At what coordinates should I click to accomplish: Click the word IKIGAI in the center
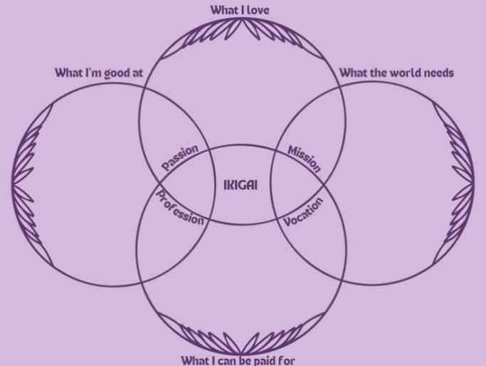click(x=241, y=185)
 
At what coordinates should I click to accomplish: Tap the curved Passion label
click(x=180, y=157)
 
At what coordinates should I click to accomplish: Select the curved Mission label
click(x=304, y=159)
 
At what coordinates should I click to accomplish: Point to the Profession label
click(x=180, y=208)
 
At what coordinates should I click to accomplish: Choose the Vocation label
click(x=303, y=211)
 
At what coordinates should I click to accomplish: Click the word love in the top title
click(x=258, y=10)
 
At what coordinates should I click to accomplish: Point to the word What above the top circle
click(x=223, y=10)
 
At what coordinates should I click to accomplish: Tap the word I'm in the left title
click(x=93, y=73)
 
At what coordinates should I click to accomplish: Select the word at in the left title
click(x=137, y=73)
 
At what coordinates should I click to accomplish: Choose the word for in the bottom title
click(x=287, y=361)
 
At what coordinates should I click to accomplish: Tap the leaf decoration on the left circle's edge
click(x=26, y=185)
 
